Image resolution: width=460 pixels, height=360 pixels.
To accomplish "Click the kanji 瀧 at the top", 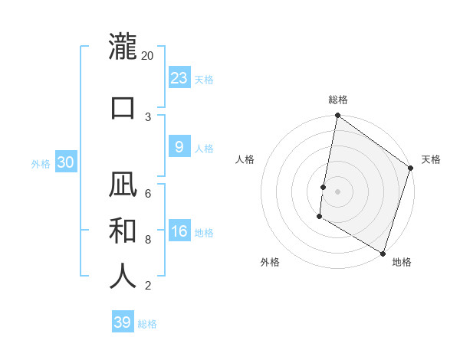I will point(123,47).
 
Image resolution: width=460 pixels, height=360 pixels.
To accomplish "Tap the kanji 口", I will point(123,107).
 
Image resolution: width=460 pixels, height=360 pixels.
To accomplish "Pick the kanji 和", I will point(123,231).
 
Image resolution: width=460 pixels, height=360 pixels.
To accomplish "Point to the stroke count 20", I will point(148,56).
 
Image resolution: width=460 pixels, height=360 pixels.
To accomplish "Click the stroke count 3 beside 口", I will point(148,116).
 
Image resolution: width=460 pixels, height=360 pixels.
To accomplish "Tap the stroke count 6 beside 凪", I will point(148,193).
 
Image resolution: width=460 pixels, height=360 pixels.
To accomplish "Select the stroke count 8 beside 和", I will point(148,239).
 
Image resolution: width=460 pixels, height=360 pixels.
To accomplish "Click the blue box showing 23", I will point(179,78).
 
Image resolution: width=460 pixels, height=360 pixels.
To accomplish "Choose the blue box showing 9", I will point(179,147).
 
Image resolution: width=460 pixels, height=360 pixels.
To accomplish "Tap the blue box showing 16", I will point(179,231).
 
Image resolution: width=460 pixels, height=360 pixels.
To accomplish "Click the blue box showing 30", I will point(65,162).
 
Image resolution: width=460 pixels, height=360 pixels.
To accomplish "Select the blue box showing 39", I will point(122,322).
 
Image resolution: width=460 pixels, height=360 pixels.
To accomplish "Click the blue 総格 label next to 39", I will point(147,324).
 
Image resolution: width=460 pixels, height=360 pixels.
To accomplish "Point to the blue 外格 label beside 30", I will point(41,163).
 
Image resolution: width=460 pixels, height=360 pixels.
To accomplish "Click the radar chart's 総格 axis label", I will point(338,100).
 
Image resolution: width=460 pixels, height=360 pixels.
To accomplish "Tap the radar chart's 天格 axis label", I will point(431,159).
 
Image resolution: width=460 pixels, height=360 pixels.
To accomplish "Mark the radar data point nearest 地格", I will point(383,253).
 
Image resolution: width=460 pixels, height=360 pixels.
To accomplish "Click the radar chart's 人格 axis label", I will point(245,159).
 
